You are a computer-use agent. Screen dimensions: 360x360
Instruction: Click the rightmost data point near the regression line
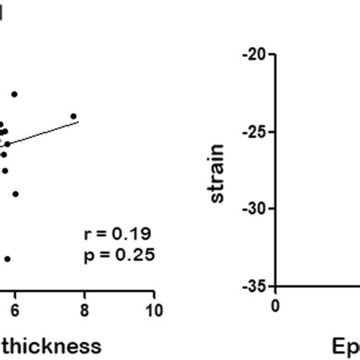74,116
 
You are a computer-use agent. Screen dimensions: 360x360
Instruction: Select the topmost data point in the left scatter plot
14,93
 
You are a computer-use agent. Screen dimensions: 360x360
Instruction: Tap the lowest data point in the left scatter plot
7,259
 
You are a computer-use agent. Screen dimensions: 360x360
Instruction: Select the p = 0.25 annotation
119,255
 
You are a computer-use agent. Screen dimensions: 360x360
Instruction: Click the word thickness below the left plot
52,346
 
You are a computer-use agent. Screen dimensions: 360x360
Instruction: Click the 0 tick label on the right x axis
276,305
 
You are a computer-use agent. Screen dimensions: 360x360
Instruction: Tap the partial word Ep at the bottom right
345,346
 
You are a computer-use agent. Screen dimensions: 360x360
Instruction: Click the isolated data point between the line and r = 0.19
14,194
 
